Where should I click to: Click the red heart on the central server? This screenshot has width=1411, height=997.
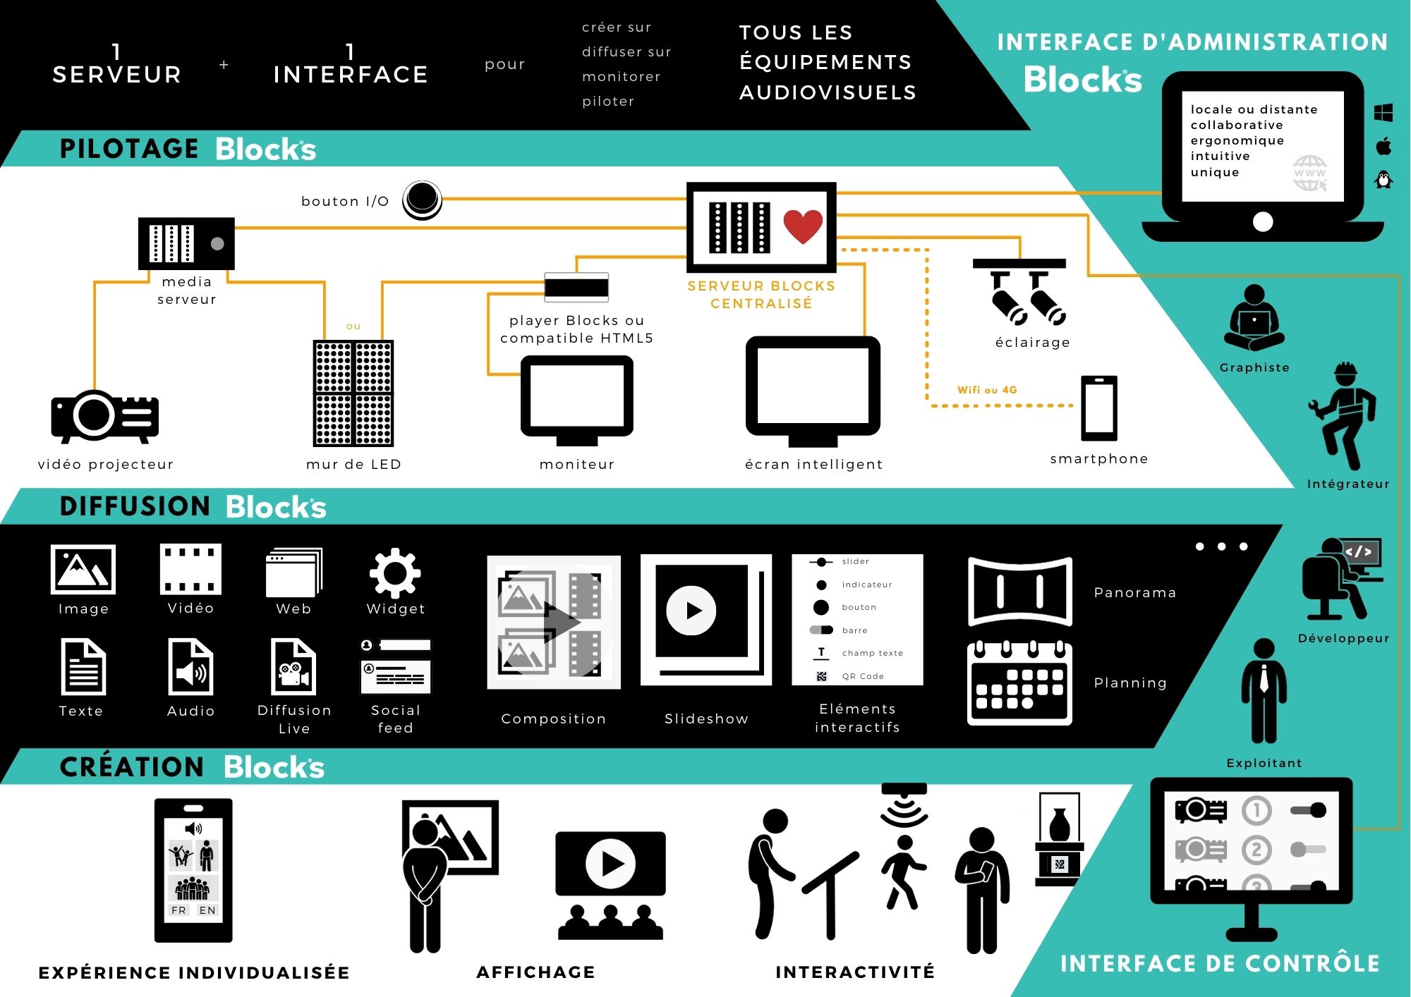pyautogui.click(x=803, y=226)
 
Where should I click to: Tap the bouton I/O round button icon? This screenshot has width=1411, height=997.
pyautogui.click(x=422, y=200)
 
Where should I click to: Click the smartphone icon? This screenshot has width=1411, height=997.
pyautogui.click(x=1099, y=408)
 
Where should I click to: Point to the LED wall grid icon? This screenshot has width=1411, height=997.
pyautogui.click(x=353, y=393)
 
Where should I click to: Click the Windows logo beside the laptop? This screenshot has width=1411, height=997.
pyautogui.click(x=1383, y=113)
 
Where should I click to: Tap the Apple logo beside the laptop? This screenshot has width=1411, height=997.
pyautogui.click(x=1383, y=146)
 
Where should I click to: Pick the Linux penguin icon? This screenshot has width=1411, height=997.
pyautogui.click(x=1384, y=180)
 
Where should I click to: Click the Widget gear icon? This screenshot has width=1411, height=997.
pyautogui.click(x=395, y=573)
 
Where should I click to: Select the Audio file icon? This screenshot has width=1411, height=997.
pyautogui.click(x=190, y=666)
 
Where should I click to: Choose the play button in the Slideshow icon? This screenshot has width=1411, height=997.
pyautogui.click(x=691, y=611)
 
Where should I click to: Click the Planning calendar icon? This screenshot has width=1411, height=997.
pyautogui.click(x=1019, y=683)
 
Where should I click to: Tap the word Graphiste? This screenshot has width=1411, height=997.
pyautogui.click(x=1254, y=367)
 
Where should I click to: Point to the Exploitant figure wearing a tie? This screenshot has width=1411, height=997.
pyautogui.click(x=1264, y=691)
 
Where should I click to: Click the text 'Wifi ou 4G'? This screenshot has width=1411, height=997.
pyautogui.click(x=987, y=390)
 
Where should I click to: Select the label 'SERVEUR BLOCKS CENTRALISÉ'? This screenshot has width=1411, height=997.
pyautogui.click(x=761, y=295)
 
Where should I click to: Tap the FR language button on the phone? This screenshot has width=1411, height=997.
pyautogui.click(x=178, y=910)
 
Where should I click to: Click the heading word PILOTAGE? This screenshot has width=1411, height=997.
pyautogui.click(x=129, y=149)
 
